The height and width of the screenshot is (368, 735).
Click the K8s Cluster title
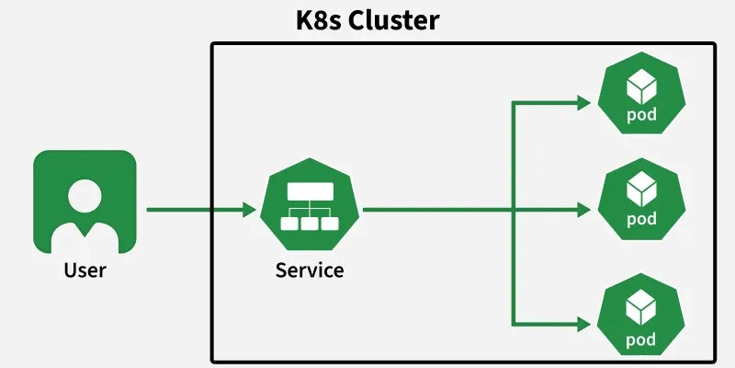click(x=367, y=19)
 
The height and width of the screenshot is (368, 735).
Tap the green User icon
click(x=85, y=201)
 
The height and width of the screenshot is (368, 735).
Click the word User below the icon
click(x=85, y=270)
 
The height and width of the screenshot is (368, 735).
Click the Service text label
click(x=310, y=270)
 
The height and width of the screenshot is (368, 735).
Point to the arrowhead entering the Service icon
click(x=249, y=210)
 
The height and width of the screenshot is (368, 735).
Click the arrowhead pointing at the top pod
click(x=584, y=104)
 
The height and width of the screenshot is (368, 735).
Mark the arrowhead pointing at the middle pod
click(x=584, y=210)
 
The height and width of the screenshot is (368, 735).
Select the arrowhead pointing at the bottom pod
click(x=584, y=324)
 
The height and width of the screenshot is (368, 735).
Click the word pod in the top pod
click(x=640, y=116)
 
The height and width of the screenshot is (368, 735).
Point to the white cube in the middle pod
click(x=640, y=190)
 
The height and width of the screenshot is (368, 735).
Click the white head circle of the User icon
click(x=85, y=194)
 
